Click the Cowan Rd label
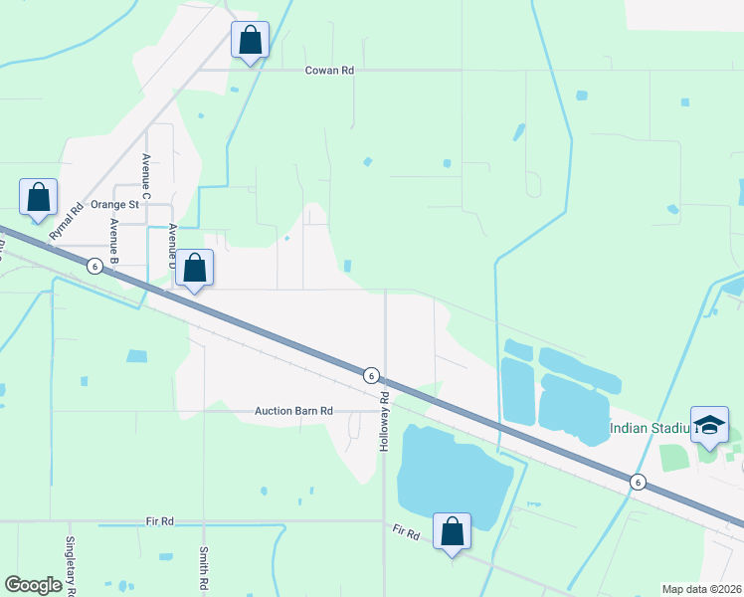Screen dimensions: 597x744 pos(329,71)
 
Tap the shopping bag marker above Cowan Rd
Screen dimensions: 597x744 pos(250,42)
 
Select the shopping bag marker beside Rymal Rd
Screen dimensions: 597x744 pos(38,198)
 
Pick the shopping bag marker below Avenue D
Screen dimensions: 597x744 pos(195,268)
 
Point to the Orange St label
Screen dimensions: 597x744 pos(112,204)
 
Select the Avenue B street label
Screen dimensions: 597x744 pos(114,239)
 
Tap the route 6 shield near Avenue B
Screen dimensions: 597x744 pos(94,266)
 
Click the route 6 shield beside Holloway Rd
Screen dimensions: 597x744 pos(370,375)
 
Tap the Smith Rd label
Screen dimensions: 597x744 pos(203,567)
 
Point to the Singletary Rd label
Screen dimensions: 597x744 pos(70,565)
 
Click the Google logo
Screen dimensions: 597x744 pos(34,585)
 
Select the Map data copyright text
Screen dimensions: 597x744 pos(702,589)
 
